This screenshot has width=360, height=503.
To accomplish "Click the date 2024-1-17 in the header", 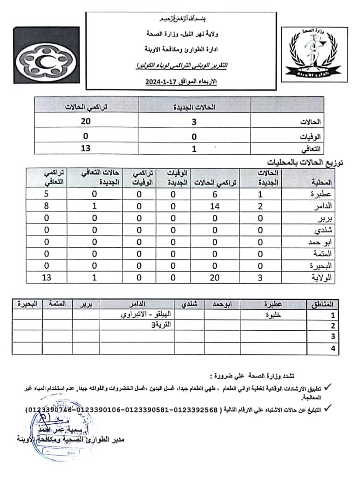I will coord(159,82).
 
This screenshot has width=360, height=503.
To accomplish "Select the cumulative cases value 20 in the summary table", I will coord(85,122).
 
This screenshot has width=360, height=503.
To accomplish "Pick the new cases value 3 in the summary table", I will coord(195,122).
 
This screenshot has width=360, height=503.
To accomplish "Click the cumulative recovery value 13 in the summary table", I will coord(85,149).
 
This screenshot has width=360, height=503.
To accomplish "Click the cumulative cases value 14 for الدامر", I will coord(215,205).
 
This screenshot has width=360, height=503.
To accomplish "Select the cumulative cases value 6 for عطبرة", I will coord(215,193).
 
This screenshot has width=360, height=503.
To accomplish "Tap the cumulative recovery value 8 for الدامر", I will coord(47,205).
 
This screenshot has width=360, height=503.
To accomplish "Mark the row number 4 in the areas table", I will coord(333,348).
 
